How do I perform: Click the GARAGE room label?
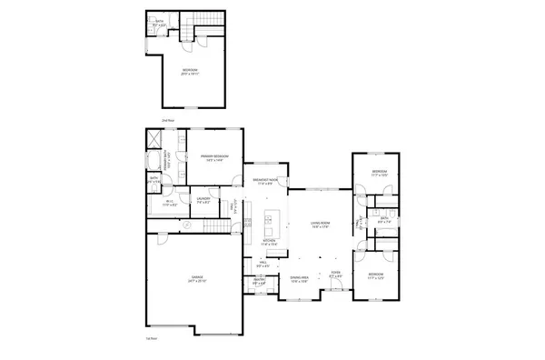click(196, 278)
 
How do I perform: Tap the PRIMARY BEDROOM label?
click(214, 158)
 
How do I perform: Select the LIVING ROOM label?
click(319, 223)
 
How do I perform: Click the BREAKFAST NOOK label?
click(265, 180)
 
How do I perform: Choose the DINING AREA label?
click(300, 278)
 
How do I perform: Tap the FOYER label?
click(335, 274)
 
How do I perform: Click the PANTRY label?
click(259, 281)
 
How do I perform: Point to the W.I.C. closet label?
click(167, 204)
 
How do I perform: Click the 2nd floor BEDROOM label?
click(189, 71)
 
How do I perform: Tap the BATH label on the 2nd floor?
click(159, 21)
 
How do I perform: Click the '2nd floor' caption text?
click(166, 119)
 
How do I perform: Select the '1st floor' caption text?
click(151, 338)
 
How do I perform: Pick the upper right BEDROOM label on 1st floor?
click(380, 172)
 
